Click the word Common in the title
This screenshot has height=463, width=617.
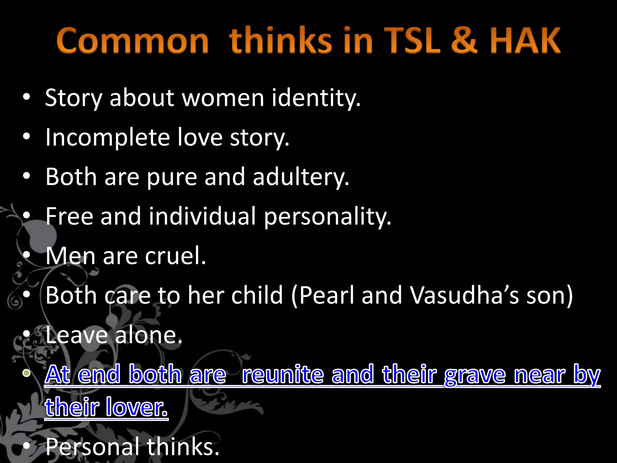tap(133, 40)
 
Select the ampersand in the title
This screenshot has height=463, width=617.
tap(464, 40)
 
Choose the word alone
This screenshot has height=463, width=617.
tap(149, 335)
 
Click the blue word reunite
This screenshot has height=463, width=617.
tap(283, 374)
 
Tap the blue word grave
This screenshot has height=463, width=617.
tap(475, 374)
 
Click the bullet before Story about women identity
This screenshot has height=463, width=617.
tap(27, 97)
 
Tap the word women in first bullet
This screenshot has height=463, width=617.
tap(223, 98)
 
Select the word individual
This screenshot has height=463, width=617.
tap(202, 216)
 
